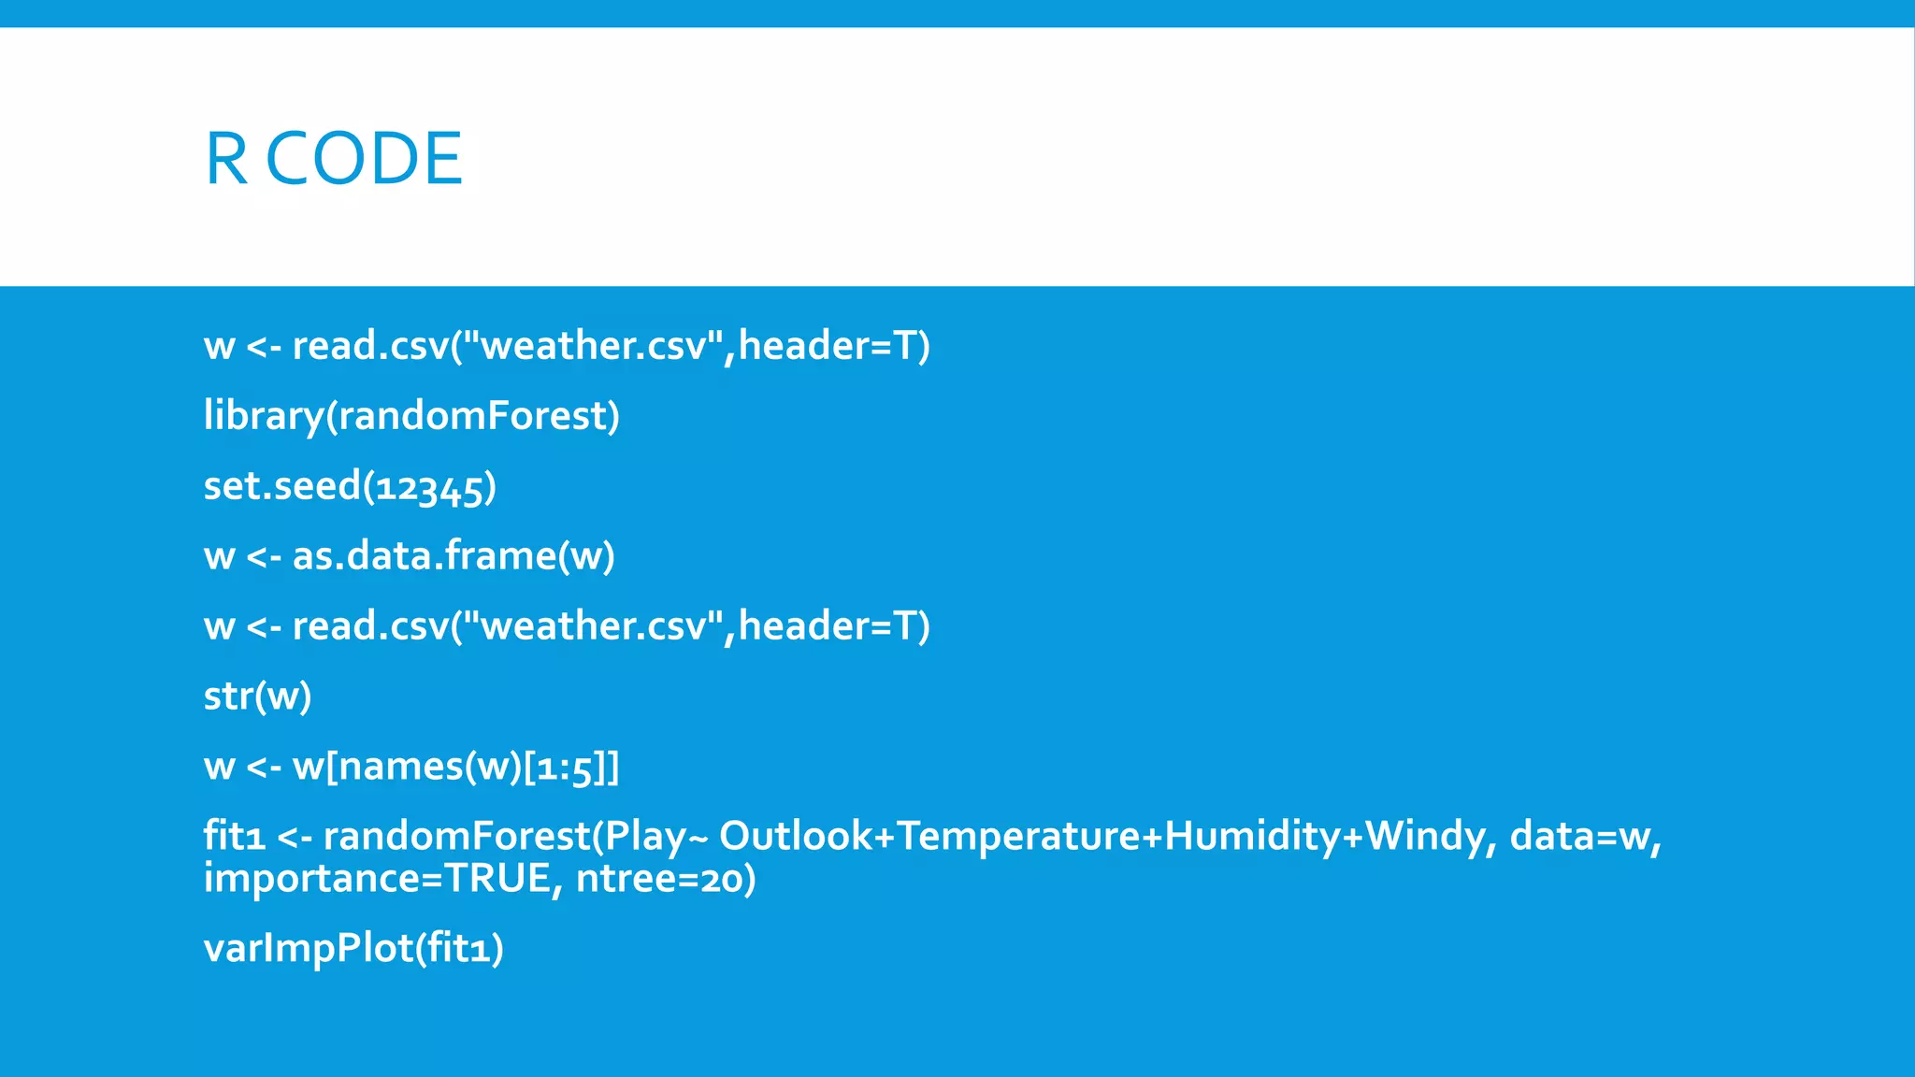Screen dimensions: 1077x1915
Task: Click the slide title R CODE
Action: (333, 159)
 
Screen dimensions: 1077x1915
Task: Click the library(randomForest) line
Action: (411, 416)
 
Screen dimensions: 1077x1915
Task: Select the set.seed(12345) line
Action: (350, 486)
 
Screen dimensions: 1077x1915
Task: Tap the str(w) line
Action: (257, 696)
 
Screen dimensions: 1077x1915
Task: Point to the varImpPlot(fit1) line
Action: (353, 949)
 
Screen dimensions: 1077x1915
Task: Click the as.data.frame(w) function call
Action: (454, 556)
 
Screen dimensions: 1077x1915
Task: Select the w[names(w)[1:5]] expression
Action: (455, 767)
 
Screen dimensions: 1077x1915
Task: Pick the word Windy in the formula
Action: (1423, 836)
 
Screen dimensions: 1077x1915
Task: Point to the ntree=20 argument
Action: (665, 879)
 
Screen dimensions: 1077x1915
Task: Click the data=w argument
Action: (1585, 836)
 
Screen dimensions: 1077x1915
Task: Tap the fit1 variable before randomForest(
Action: (235, 836)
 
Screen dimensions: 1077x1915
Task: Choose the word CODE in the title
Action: (365, 159)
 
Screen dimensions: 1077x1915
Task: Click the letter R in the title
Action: (225, 159)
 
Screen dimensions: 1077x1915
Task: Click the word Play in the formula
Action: (645, 836)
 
